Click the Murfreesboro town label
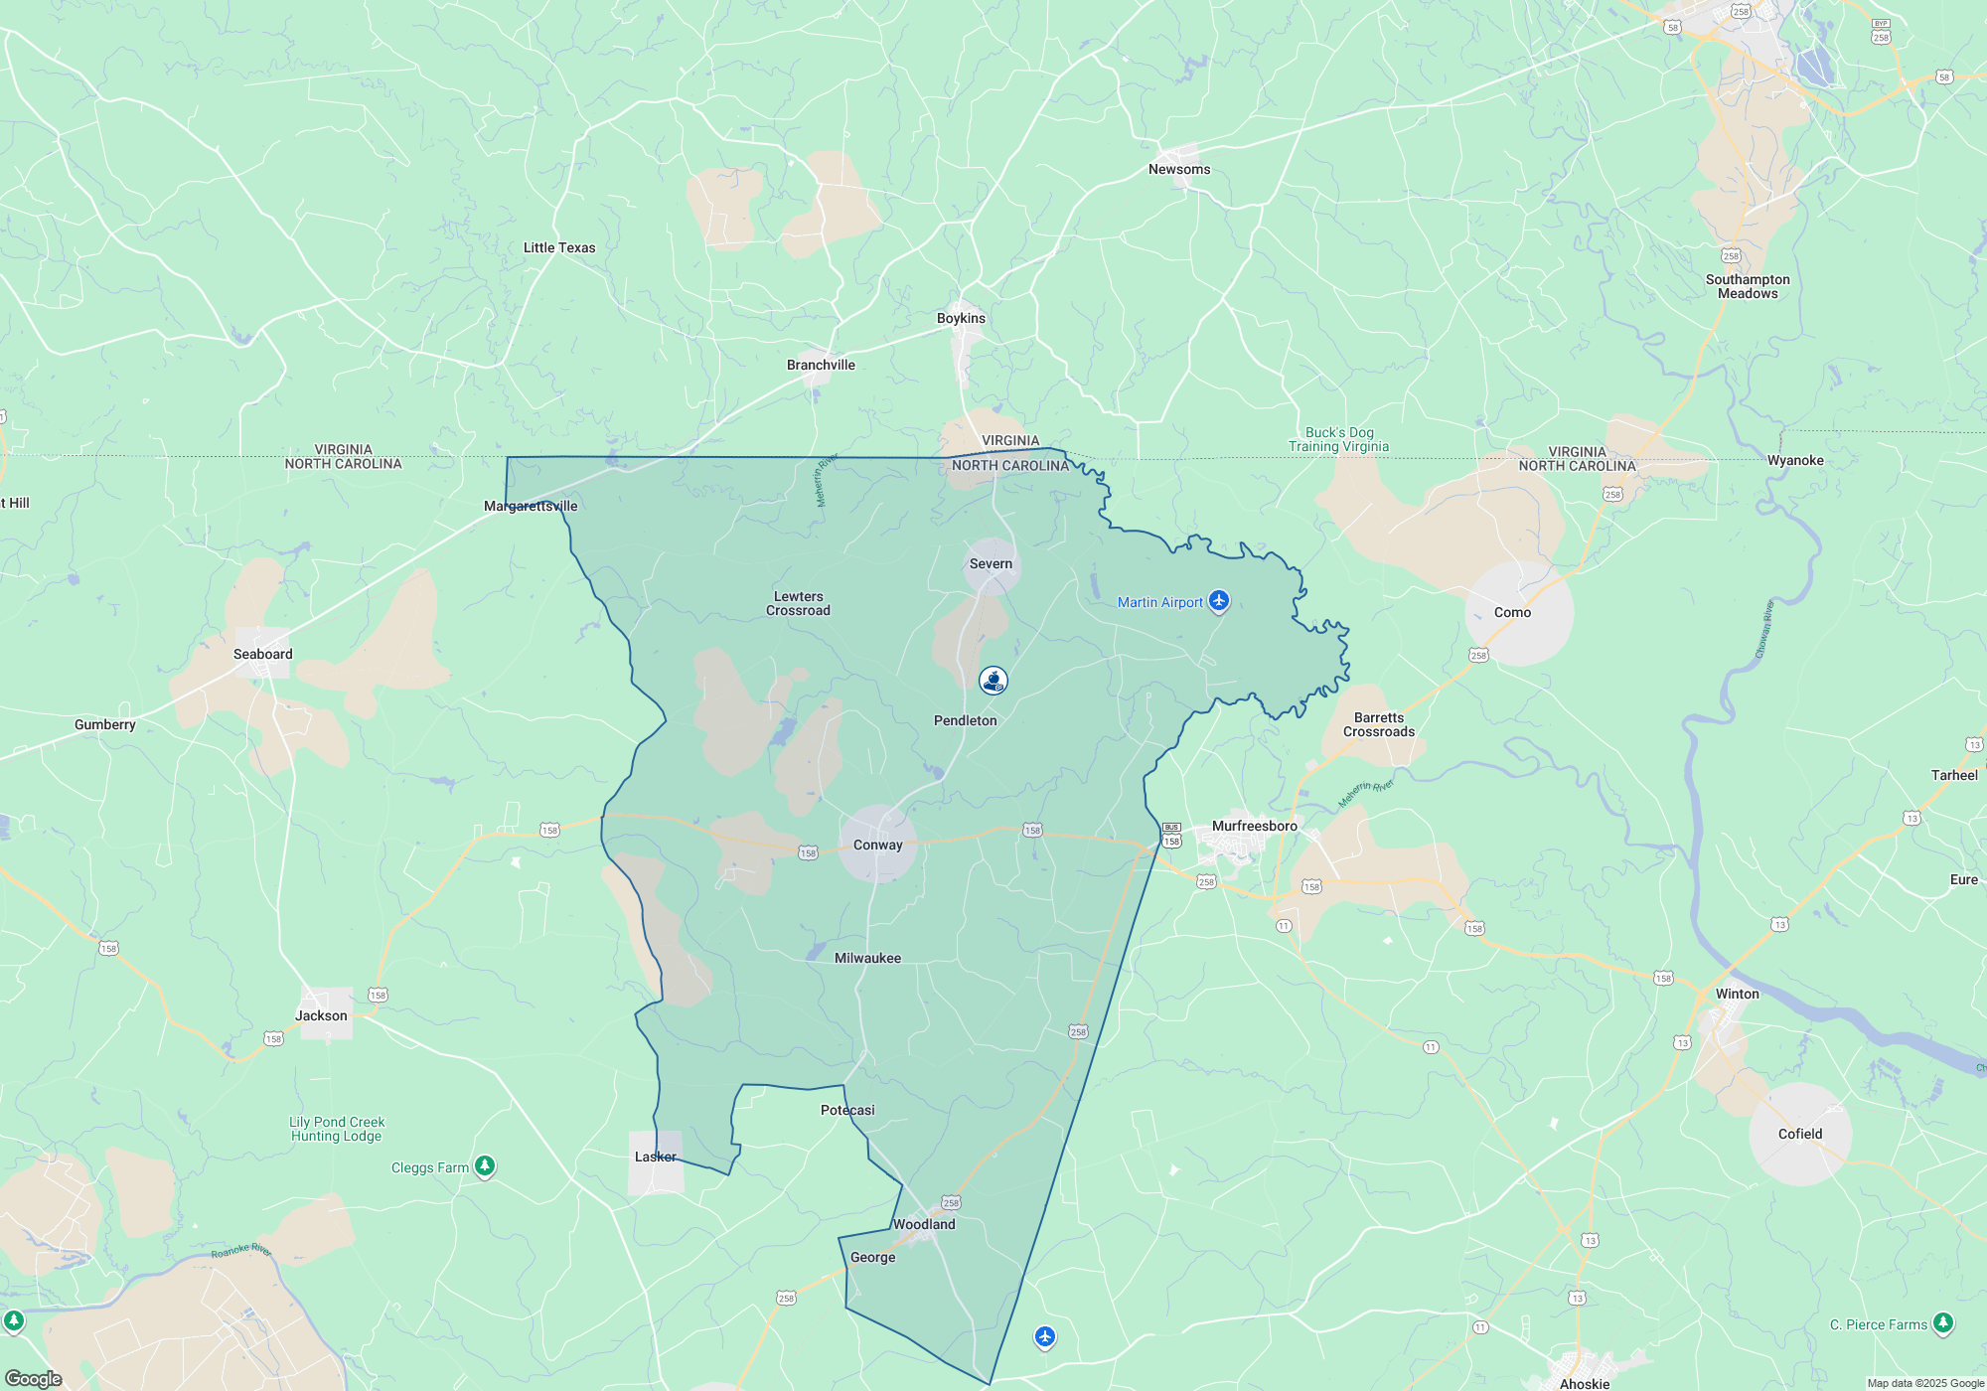point(1254,826)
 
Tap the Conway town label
point(877,845)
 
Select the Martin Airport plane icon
point(1219,601)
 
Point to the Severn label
point(991,563)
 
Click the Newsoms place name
point(1179,169)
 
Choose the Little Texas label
point(559,247)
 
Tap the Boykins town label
point(961,318)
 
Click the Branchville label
point(821,365)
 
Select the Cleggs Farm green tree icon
point(485,1165)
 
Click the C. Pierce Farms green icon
point(1943,1323)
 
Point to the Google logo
point(33,1378)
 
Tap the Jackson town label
point(321,1015)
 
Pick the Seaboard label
point(262,654)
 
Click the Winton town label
point(1737,994)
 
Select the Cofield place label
point(1800,1134)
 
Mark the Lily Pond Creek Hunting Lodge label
point(337,1129)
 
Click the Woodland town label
point(924,1224)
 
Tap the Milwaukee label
point(867,958)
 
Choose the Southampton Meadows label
point(1748,286)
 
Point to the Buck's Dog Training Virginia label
point(1339,439)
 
